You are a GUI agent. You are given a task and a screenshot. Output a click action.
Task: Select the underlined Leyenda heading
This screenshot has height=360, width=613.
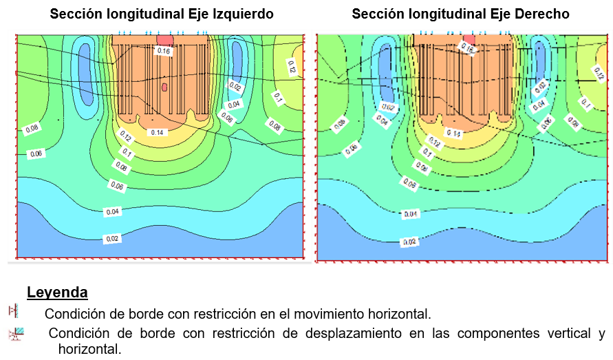(x=57, y=293)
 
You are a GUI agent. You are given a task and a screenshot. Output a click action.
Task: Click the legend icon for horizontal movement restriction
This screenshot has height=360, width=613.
(x=12, y=311)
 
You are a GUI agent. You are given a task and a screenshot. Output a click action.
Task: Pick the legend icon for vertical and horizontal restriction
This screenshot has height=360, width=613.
(x=17, y=335)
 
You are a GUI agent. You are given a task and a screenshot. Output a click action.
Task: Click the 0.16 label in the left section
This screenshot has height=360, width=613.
(x=164, y=50)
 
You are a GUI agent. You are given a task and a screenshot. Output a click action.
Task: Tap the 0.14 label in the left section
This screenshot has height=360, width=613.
(x=157, y=132)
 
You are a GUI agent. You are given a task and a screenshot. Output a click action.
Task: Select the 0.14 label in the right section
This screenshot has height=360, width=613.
(x=453, y=133)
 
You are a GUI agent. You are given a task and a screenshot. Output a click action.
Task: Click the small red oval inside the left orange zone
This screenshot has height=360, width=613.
(x=164, y=87)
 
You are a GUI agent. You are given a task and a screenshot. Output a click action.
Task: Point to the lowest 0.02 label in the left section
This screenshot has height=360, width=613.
(x=111, y=238)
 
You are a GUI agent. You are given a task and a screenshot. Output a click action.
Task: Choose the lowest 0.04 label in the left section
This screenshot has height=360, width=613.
(x=111, y=212)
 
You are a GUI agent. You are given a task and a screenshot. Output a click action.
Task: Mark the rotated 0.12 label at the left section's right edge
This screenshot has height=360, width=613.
(x=291, y=67)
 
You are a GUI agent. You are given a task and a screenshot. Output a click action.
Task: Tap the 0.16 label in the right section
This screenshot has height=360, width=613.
(x=467, y=47)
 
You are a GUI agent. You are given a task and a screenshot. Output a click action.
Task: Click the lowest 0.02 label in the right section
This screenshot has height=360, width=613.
(x=410, y=242)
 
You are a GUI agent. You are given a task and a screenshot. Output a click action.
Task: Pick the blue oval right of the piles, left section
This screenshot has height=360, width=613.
(x=238, y=62)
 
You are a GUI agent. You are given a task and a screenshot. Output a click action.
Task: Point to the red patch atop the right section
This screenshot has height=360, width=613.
(x=469, y=38)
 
